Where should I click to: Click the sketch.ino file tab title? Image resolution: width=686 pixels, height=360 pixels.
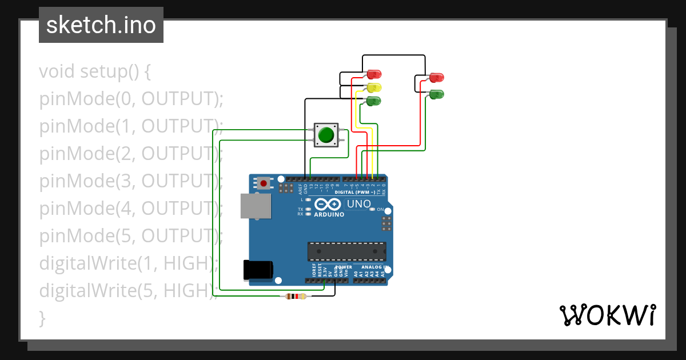(101, 25)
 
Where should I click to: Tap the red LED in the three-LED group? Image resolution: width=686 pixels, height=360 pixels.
(374, 74)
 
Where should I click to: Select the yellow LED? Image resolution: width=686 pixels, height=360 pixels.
(374, 87)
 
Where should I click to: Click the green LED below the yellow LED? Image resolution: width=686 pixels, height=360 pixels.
(374, 101)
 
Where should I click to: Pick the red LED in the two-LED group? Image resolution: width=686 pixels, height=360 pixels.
(436, 77)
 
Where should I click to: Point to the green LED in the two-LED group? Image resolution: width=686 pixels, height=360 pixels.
(436, 94)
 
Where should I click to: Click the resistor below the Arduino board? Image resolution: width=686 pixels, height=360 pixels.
(296, 296)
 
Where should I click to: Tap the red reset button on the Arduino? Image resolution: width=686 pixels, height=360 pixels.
(264, 183)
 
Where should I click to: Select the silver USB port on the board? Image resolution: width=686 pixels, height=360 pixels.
(255, 206)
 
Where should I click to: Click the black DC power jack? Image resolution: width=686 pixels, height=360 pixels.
(258, 270)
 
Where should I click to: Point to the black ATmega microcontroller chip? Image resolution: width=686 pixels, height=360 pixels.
(346, 251)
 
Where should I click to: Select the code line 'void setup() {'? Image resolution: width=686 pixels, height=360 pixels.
(95, 72)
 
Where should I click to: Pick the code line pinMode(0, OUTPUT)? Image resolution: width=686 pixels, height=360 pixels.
(131, 99)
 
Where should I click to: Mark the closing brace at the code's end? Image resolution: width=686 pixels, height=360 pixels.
(42, 318)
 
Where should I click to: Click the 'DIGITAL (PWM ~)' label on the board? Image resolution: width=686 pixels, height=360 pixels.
(354, 193)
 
